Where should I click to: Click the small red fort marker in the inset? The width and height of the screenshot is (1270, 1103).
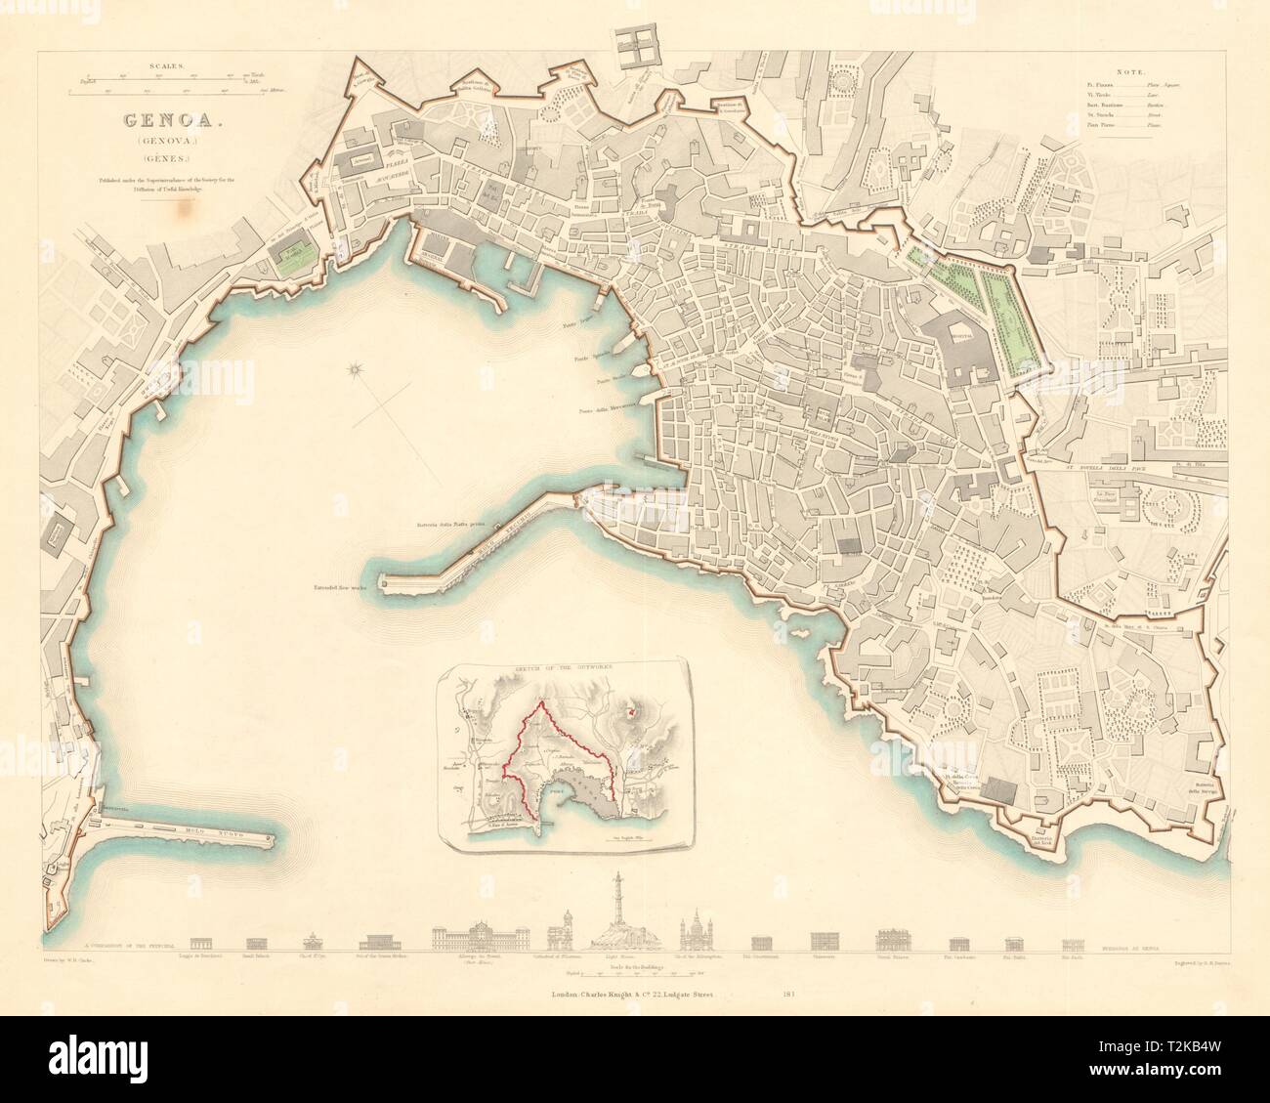click(632, 713)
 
